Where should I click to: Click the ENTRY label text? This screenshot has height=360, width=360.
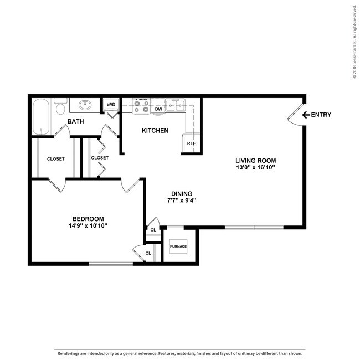tap(321, 115)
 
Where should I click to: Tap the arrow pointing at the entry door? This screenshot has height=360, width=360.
tap(305, 115)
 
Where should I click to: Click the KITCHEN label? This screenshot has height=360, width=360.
tap(155, 131)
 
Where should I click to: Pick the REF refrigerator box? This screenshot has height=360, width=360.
tap(191, 143)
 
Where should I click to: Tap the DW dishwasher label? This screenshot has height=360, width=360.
tap(158, 109)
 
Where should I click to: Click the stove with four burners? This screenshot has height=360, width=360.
tap(141, 106)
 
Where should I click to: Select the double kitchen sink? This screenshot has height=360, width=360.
tap(177, 105)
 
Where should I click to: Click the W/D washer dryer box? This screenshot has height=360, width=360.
tap(111, 104)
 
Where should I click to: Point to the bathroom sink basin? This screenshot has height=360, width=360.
tap(85, 105)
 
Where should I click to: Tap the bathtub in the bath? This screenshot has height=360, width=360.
tap(42, 116)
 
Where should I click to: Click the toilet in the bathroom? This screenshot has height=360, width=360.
tap(61, 107)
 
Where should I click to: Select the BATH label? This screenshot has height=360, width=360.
tap(76, 121)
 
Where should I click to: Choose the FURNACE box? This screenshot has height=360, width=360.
tap(178, 246)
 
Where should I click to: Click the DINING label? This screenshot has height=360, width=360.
tap(181, 193)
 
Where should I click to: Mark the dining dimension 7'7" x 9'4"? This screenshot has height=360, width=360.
tap(181, 200)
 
